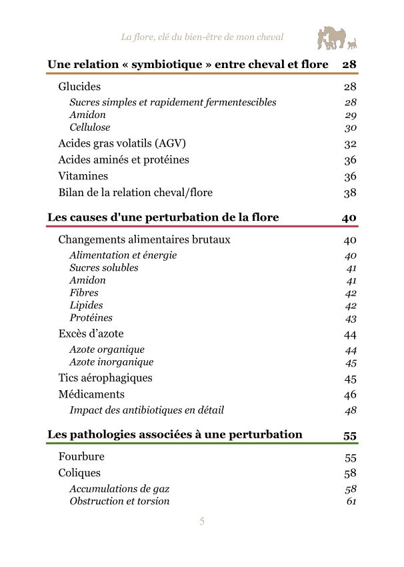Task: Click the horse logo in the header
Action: click(337, 38)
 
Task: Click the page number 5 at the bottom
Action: click(202, 522)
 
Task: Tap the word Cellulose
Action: click(90, 127)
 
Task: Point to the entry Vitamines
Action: click(83, 177)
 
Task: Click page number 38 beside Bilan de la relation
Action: click(350, 193)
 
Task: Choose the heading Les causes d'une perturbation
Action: click(163, 217)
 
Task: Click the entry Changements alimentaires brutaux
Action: click(144, 240)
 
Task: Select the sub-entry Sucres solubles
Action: click(104, 267)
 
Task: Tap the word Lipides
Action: click(86, 305)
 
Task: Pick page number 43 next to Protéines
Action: click(351, 318)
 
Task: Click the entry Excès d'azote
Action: click(91, 334)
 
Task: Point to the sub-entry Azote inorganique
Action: click(111, 362)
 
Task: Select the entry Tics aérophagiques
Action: click(105, 378)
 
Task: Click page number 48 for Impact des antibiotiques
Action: click(351, 410)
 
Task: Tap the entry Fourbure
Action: click(81, 457)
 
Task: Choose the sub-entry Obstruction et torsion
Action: click(119, 501)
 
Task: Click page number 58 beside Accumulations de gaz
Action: click(351, 489)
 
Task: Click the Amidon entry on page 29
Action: click(87, 115)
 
